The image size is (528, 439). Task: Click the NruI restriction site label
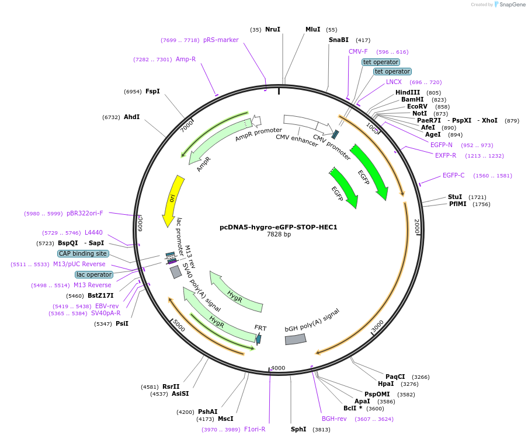coord(272,29)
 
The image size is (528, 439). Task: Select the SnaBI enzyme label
coord(339,40)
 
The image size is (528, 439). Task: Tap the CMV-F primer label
coord(358,51)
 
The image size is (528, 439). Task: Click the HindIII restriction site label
coord(408,92)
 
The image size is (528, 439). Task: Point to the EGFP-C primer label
coord(453,175)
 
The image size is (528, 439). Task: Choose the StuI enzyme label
coord(455,197)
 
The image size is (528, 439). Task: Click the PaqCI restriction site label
coord(395,377)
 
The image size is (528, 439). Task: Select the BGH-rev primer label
coord(334,419)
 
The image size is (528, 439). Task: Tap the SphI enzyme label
coord(298,429)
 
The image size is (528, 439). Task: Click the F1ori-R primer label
coord(255,429)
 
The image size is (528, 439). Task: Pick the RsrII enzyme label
coord(171,386)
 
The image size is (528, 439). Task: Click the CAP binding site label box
coord(83,253)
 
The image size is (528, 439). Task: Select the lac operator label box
coord(93,274)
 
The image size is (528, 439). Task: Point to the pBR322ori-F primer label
coord(85,213)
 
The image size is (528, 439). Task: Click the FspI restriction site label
coord(152,91)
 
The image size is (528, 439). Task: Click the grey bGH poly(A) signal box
coord(296,339)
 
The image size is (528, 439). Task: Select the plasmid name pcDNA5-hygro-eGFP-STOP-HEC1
coord(279,227)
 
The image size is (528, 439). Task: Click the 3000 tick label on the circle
coord(378,326)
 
